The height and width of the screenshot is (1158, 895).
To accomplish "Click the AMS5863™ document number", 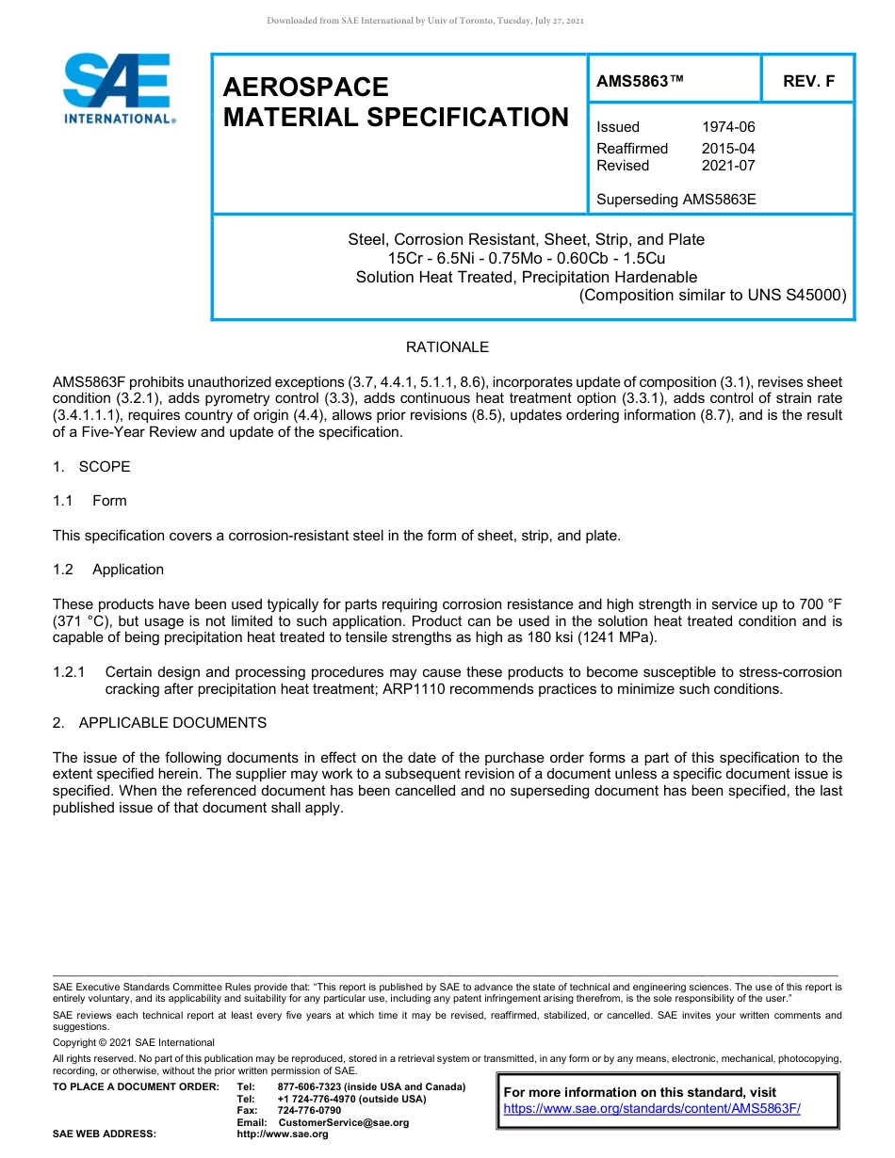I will coord(640,82).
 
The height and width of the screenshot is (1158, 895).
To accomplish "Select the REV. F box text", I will coord(808,82).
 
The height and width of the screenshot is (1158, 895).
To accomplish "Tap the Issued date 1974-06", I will coord(728,127).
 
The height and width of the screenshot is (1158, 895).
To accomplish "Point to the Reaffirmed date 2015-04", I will coord(728,149).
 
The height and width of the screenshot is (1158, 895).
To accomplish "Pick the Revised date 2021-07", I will coord(728,166).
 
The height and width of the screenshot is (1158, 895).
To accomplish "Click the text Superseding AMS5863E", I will coord(676,200).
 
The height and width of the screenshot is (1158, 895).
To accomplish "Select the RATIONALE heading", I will coord(447,347).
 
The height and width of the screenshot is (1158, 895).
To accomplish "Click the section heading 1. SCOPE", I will coord(92,467).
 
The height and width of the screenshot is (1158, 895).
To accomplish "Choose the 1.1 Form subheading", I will coord(90,501).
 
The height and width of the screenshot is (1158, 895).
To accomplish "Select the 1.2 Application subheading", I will coord(108,570).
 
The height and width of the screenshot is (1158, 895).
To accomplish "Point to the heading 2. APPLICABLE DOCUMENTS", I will coord(160,723).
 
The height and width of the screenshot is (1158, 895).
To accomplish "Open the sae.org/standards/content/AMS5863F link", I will coord(652,1109).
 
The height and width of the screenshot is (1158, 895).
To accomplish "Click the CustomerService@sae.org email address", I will coord(344,1122).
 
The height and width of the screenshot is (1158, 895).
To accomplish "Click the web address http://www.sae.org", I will coord(283,1134).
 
